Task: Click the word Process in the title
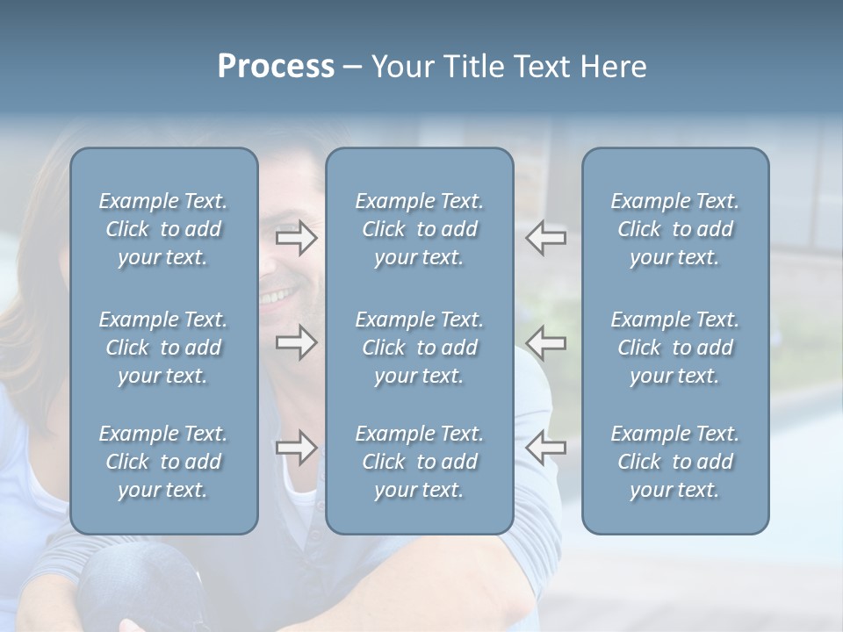pyautogui.click(x=276, y=67)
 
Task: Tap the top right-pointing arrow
pyautogui.click(x=297, y=239)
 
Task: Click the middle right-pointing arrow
pyautogui.click(x=297, y=342)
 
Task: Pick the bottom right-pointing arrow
pyautogui.click(x=297, y=448)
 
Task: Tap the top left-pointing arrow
pyautogui.click(x=545, y=239)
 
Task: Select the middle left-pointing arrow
pyautogui.click(x=545, y=342)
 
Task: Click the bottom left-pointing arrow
pyautogui.click(x=545, y=448)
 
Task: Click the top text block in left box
pyautogui.click(x=163, y=229)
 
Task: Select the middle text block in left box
pyautogui.click(x=163, y=348)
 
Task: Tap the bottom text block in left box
pyautogui.click(x=163, y=462)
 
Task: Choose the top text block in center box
pyautogui.click(x=419, y=229)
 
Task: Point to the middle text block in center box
pyautogui.click(x=419, y=348)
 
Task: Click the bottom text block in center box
pyautogui.click(x=419, y=462)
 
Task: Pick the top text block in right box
pyautogui.click(x=674, y=229)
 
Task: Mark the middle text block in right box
pyautogui.click(x=674, y=348)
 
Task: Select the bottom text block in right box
pyautogui.click(x=674, y=462)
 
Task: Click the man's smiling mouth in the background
pyautogui.click(x=279, y=294)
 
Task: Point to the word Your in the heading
pyautogui.click(x=403, y=67)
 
